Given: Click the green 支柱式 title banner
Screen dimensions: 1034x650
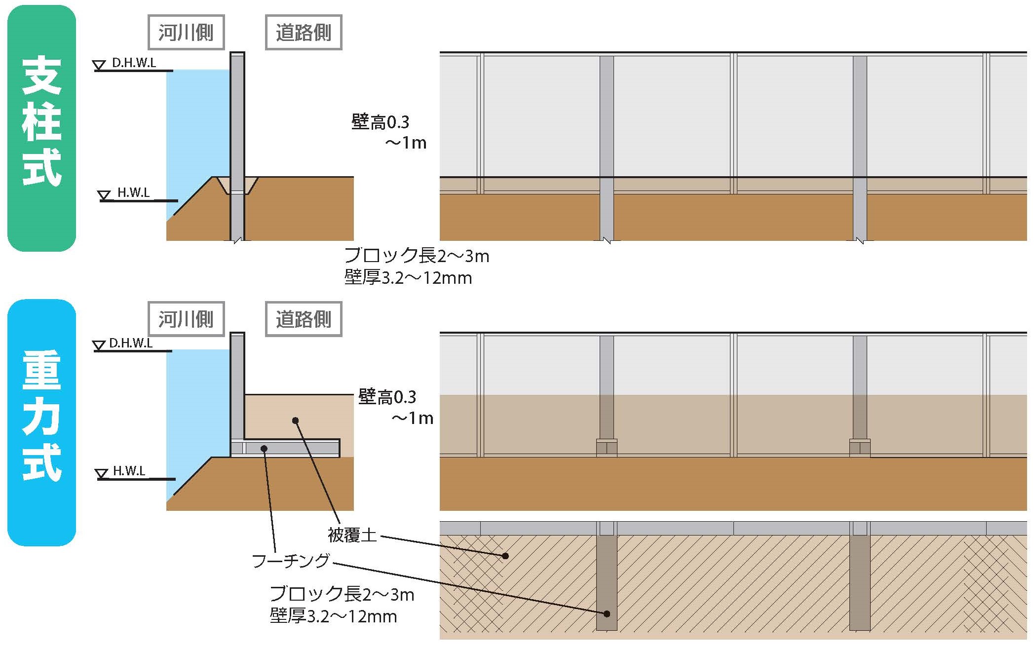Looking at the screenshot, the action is [x=42, y=128].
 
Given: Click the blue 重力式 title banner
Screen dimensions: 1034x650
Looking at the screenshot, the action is [x=42, y=422].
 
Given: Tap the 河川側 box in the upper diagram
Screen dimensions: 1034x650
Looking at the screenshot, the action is [x=186, y=33].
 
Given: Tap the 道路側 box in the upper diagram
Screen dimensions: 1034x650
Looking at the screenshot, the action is [x=304, y=33].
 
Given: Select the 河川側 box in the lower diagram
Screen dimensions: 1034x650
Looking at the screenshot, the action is [x=186, y=319].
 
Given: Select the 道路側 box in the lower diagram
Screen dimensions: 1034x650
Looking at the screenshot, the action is [x=304, y=319].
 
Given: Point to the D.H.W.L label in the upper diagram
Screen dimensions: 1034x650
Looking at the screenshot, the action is [x=134, y=63].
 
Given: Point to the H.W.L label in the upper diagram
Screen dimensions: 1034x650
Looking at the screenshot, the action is [x=133, y=192].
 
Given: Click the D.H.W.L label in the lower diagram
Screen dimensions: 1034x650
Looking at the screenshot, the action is [x=131, y=343].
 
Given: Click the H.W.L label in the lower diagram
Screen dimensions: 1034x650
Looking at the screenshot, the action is [x=129, y=471].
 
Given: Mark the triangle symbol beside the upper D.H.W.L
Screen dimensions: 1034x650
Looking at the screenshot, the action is [x=100, y=65].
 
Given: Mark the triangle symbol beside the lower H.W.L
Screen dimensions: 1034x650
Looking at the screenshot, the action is [x=102, y=474].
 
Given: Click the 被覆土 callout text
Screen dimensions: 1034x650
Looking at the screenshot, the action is [x=352, y=535].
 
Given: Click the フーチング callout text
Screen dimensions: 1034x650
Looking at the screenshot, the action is [x=291, y=561].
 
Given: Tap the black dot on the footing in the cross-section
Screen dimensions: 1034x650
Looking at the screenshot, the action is [x=264, y=449].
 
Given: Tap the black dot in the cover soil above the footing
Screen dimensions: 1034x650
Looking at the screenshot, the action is [x=295, y=421].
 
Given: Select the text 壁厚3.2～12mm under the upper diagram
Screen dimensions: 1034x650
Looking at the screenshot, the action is [x=408, y=278].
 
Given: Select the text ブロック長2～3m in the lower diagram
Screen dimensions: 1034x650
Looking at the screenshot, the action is [x=342, y=594].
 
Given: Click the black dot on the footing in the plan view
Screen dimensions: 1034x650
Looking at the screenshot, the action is [x=607, y=614].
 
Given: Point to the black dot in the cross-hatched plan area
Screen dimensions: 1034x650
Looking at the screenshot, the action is [x=505, y=556].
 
